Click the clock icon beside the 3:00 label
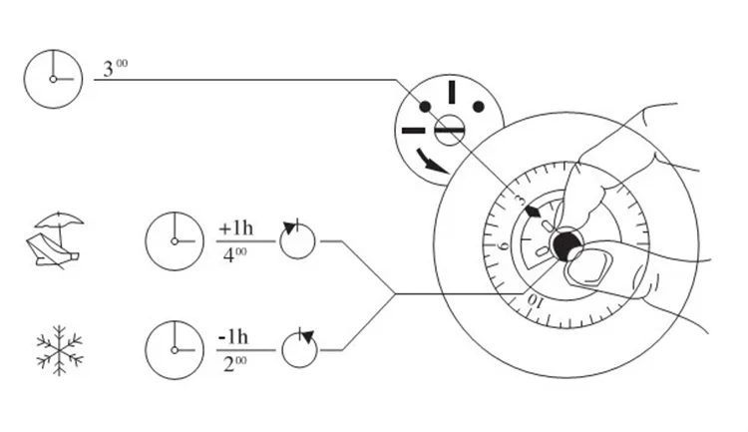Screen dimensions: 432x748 52,78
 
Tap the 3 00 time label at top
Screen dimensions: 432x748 116,72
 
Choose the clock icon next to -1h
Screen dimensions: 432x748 175,349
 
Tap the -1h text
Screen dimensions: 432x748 234,336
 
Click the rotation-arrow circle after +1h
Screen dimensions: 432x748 296,240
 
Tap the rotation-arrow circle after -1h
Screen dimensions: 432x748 298,349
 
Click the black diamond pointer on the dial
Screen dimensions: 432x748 535,212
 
